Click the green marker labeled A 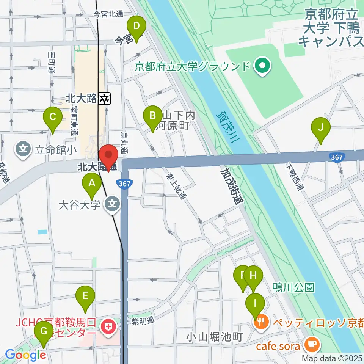92,184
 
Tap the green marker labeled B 152,115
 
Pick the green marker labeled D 137,27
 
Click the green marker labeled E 85,295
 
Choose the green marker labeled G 44,331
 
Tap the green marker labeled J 320,127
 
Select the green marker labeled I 255,303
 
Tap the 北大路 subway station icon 104,99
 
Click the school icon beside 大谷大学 112,205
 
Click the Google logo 25,355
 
